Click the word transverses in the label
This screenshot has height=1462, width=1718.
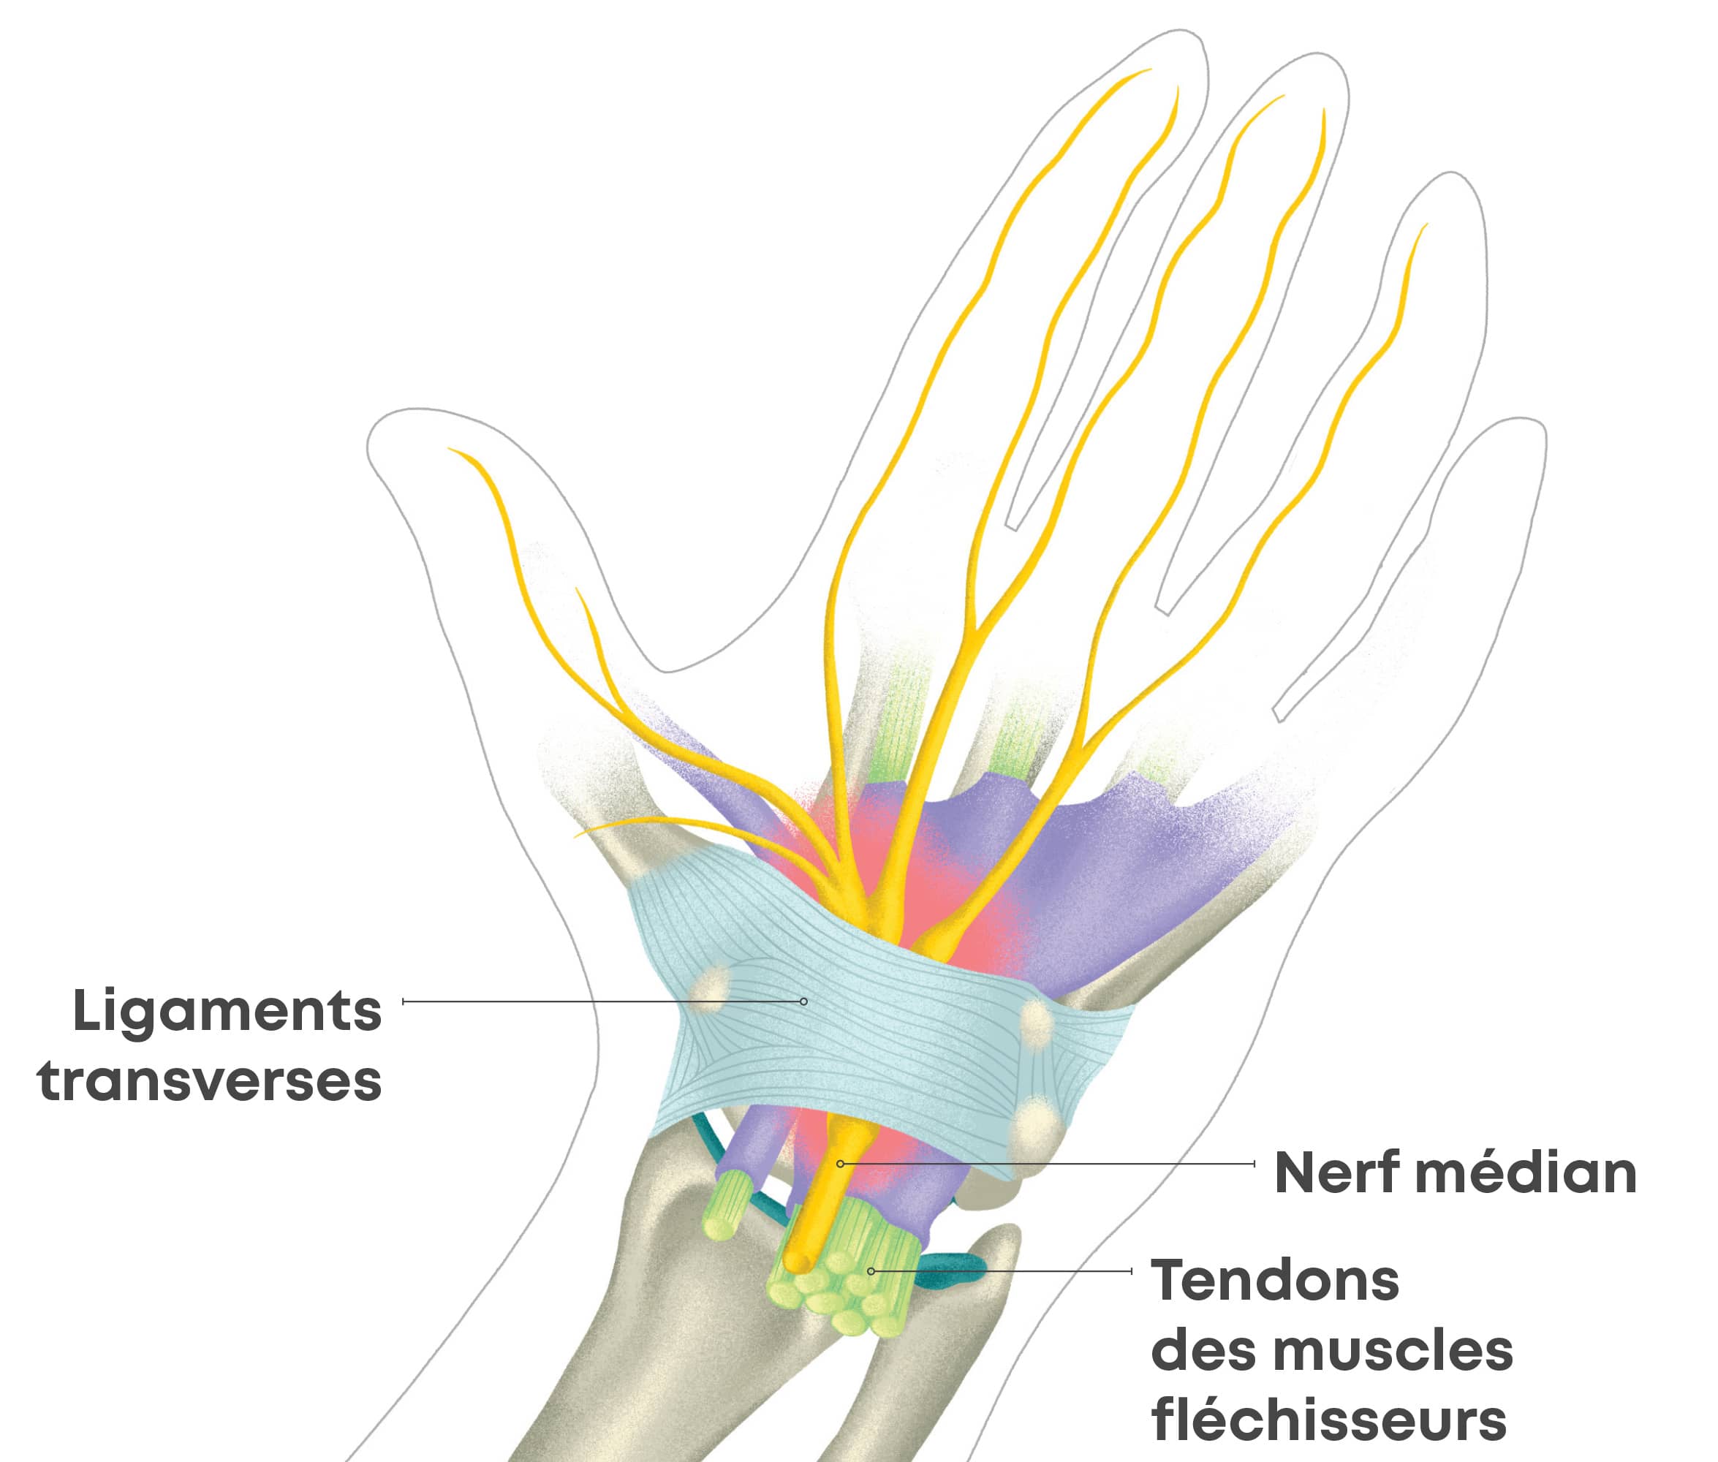tap(210, 1082)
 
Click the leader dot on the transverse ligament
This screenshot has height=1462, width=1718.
tap(803, 1001)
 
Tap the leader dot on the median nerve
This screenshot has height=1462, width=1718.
tap(840, 1164)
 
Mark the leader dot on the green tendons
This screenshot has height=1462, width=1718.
tap(871, 1270)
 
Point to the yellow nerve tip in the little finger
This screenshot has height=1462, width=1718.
tap(1425, 225)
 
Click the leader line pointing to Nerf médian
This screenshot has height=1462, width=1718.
tap(1044, 1164)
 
